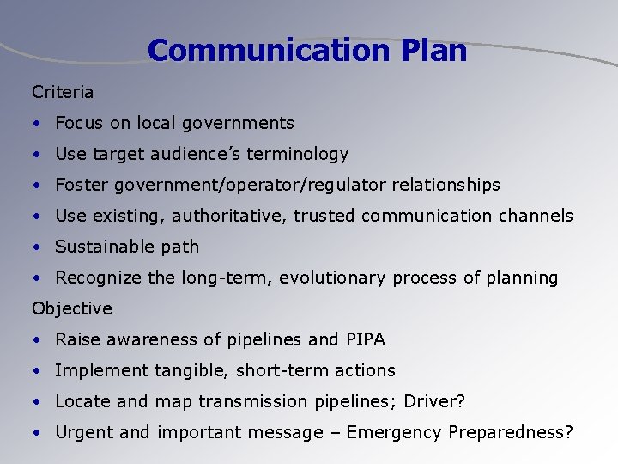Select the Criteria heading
[63, 91]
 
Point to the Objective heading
[72, 308]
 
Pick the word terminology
[297, 155]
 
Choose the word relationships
[445, 185]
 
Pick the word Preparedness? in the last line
[511, 432]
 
